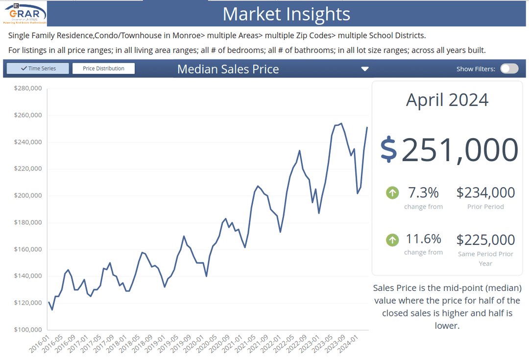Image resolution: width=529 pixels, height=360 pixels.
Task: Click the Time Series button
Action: (38, 69)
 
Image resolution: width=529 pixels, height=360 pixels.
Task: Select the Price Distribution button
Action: (103, 69)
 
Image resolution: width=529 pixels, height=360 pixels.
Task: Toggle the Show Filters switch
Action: (509, 69)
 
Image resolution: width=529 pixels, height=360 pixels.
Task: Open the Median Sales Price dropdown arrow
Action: (364, 69)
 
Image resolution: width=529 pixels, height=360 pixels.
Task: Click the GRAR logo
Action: (24, 13)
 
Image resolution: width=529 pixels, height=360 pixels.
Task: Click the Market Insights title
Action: (287, 14)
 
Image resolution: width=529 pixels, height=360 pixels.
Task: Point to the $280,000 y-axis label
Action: (28, 89)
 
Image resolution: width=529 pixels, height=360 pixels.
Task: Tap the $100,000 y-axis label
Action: (28, 330)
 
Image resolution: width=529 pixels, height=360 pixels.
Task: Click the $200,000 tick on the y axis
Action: (28, 196)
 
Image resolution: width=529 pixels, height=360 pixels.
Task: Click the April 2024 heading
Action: (447, 100)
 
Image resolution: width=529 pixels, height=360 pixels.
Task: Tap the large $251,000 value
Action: (449, 150)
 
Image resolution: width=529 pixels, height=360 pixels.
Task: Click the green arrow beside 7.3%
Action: (392, 192)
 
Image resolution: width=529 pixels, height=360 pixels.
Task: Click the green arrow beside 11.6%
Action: (392, 240)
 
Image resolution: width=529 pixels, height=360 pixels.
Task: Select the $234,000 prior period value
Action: (485, 192)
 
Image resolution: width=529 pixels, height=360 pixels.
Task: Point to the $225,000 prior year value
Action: (485, 240)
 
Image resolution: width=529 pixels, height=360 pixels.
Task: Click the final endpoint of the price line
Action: (367, 127)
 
